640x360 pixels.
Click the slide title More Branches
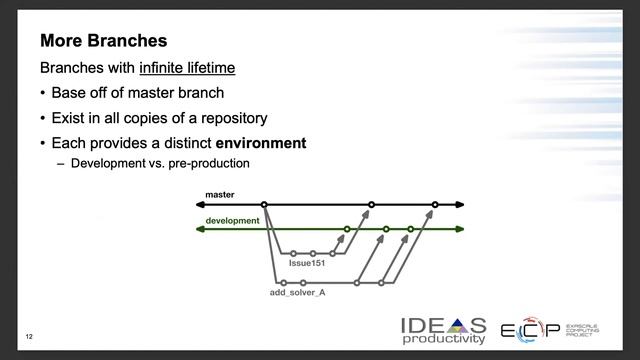pyautogui.click(x=103, y=42)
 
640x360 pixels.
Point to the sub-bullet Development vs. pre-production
pyautogui.click(x=160, y=163)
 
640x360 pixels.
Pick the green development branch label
pyautogui.click(x=232, y=220)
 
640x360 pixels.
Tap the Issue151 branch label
pyautogui.click(x=309, y=265)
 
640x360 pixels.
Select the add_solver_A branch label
pyautogui.click(x=298, y=292)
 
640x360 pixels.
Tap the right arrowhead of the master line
pyautogui.click(x=460, y=204)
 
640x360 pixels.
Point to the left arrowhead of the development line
pyautogui.click(x=200, y=229)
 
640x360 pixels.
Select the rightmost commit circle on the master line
pyautogui.click(x=435, y=204)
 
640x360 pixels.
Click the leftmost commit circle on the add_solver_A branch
pyautogui.click(x=284, y=282)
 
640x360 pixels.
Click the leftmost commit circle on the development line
pyautogui.click(x=347, y=229)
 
